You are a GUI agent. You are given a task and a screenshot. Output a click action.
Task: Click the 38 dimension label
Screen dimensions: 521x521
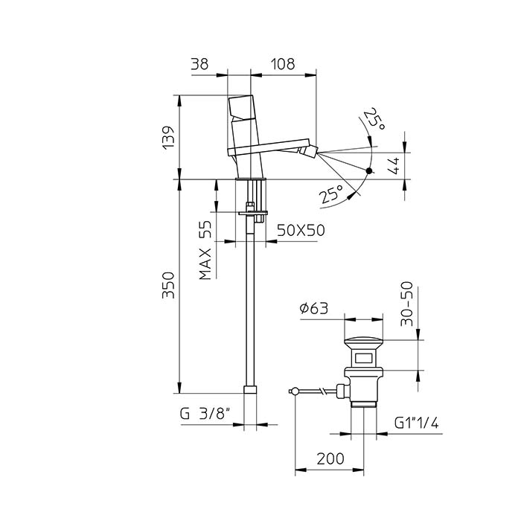tap(199, 63)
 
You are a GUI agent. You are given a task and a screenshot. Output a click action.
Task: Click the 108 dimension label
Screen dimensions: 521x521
tap(282, 63)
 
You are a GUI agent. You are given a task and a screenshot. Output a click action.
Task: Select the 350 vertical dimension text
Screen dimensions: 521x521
tap(168, 285)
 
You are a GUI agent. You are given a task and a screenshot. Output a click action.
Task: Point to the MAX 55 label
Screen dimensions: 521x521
tap(205, 250)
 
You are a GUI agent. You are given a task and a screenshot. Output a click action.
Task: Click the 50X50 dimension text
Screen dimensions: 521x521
tap(301, 230)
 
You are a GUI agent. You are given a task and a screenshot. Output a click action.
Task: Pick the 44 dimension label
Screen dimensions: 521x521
tap(394, 165)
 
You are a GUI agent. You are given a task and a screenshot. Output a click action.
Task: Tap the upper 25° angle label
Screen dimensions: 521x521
tap(374, 118)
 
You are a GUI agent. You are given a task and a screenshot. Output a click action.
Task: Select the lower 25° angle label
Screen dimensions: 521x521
tap(332, 194)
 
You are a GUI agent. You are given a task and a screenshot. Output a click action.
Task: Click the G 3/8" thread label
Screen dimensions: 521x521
tap(205, 414)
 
